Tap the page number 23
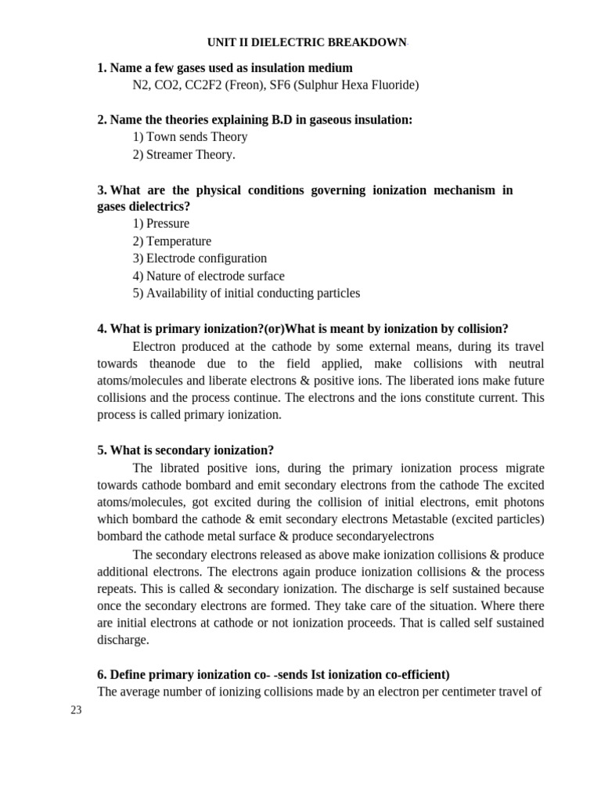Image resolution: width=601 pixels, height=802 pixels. click(76, 710)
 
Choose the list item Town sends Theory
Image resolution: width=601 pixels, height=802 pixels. click(190, 137)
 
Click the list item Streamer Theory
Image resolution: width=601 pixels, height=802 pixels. click(184, 154)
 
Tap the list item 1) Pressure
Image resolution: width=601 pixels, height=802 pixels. click(161, 224)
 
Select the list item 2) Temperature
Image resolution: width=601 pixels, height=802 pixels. click(172, 241)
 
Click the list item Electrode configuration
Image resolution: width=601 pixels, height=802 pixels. click(200, 258)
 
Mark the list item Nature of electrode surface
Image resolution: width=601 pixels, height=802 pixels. click(208, 276)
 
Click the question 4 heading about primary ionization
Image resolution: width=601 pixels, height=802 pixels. click(303, 329)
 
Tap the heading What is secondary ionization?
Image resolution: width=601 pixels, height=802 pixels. click(185, 450)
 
